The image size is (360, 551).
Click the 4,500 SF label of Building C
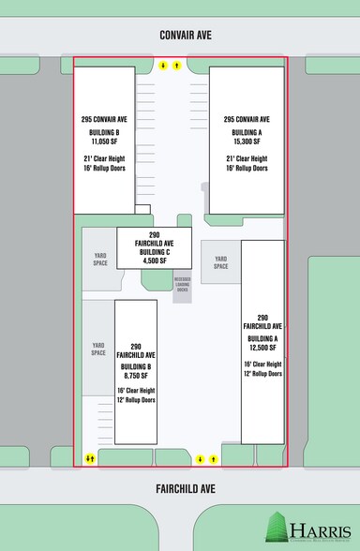click(155, 260)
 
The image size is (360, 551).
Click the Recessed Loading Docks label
click(183, 285)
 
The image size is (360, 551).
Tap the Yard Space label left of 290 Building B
click(98, 350)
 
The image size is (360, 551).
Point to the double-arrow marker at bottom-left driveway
click(90, 458)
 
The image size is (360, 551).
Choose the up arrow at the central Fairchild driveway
click(215, 459)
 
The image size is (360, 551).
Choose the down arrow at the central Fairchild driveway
click(201, 459)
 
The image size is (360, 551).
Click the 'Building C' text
click(155, 250)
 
